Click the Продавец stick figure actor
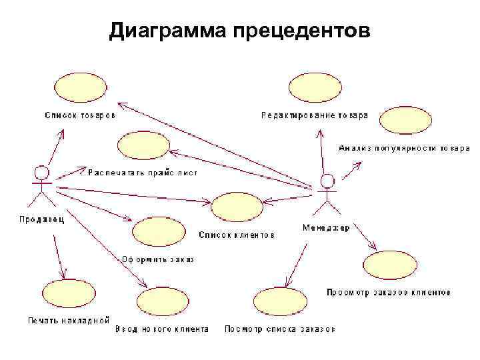tap(42, 186)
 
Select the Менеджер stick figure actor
tap(326, 193)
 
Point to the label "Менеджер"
tap(326, 227)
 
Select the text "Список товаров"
tap(79, 115)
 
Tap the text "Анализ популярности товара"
tap(404, 147)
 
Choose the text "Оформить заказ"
tap(157, 259)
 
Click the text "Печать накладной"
tap(68, 320)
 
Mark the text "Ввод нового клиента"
tap(162, 329)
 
